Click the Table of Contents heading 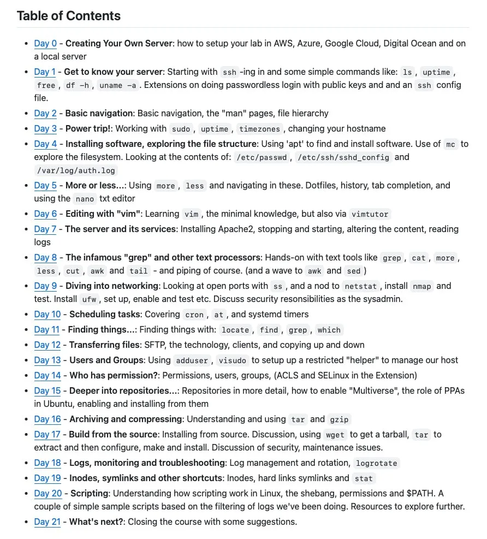(x=69, y=15)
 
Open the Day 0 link (x=45, y=44)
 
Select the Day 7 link (x=45, y=229)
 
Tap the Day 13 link (x=47, y=360)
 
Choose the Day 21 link (x=47, y=522)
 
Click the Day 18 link (x=47, y=463)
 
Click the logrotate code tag (x=377, y=464)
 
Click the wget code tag (x=335, y=435)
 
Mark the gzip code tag (x=339, y=420)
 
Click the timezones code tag (x=259, y=129)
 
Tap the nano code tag (x=85, y=199)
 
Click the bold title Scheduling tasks (x=105, y=315)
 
